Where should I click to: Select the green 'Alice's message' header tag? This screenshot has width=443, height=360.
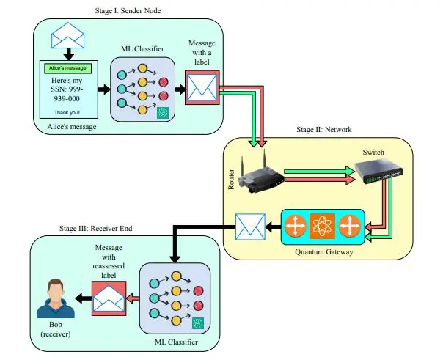point(67,67)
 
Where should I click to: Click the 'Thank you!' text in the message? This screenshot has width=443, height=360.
point(67,113)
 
